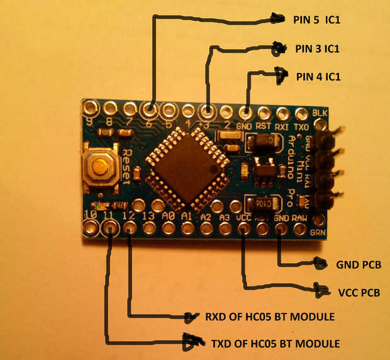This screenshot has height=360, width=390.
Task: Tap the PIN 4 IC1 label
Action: tap(318, 77)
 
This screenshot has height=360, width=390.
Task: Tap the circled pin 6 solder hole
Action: tap(150, 111)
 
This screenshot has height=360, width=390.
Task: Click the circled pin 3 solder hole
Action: tap(207, 112)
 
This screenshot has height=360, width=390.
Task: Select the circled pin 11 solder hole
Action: tap(111, 228)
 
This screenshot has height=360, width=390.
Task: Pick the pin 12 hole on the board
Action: tap(130, 228)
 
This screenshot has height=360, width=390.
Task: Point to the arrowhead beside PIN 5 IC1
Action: tap(277, 19)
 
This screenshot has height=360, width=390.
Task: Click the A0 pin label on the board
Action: tap(168, 215)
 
